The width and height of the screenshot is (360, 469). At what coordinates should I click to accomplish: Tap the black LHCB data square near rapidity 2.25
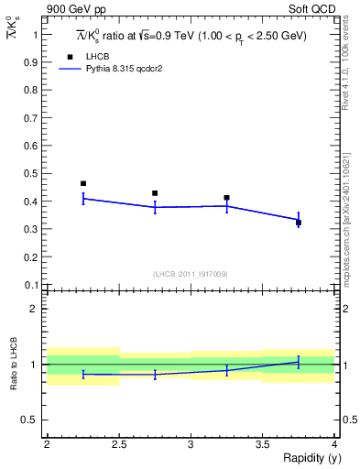pyautogui.click(x=82, y=183)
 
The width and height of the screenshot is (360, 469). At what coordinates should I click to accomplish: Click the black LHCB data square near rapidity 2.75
pyautogui.click(x=155, y=193)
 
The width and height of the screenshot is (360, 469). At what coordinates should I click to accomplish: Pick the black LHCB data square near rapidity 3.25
pyautogui.click(x=226, y=198)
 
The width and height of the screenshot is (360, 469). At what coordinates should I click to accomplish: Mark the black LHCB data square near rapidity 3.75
pyautogui.click(x=299, y=223)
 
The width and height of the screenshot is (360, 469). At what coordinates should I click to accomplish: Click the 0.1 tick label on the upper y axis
pyautogui.click(x=33, y=285)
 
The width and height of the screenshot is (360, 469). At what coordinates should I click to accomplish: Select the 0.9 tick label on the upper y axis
pyautogui.click(x=33, y=62)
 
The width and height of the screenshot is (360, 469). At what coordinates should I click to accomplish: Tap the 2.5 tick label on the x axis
pyautogui.click(x=118, y=444)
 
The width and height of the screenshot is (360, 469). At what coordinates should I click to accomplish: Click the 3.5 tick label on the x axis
pyautogui.click(x=262, y=444)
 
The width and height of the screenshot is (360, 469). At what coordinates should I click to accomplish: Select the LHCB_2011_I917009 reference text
pyautogui.click(x=191, y=274)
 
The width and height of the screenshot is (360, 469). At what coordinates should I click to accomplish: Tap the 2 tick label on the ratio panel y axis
pyautogui.click(x=35, y=309)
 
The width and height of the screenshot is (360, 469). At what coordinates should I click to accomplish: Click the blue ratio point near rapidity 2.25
pyautogui.click(x=82, y=374)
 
